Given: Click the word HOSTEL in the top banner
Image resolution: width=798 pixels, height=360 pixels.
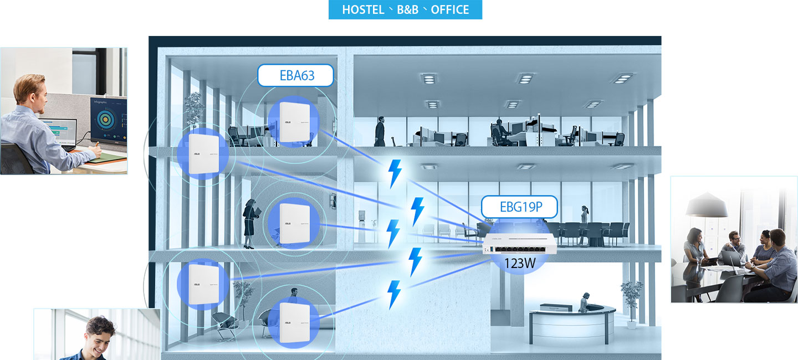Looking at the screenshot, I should click(363, 10).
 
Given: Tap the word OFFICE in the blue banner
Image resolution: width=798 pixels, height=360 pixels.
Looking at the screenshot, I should click(449, 10).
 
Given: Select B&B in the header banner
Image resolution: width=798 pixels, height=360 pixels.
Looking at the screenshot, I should click(407, 10).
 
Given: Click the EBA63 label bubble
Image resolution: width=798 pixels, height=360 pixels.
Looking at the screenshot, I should click(296, 76).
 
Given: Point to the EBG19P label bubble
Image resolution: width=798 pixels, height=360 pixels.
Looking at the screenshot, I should click(519, 207).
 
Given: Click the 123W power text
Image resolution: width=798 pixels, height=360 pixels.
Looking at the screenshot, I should click(520, 263).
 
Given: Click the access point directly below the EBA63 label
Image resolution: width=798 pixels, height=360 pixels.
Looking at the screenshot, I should click(293, 122).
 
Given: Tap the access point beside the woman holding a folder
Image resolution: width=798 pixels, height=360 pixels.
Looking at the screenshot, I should click(293, 223).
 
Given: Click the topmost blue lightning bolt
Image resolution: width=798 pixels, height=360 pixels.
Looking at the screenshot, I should click(395, 173).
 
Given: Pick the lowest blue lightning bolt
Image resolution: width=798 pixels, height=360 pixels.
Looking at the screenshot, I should click(394, 294).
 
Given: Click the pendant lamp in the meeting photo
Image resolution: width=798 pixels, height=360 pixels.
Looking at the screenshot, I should click(707, 207).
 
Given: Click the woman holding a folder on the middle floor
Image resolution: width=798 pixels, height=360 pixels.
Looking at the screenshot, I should click(250, 222).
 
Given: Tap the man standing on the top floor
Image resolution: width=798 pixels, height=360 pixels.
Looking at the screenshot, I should click(380, 132).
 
